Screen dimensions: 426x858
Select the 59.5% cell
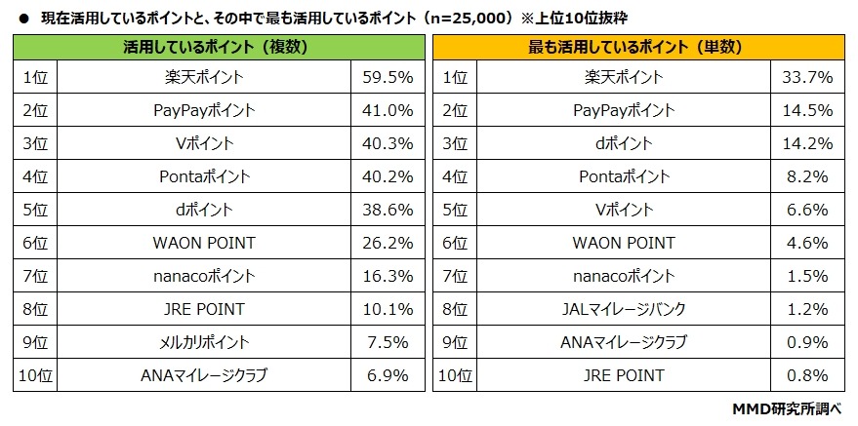coord(388,77)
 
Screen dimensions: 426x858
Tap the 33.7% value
coord(807,77)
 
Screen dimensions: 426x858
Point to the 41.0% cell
coord(388,110)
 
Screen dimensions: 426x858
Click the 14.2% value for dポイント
coord(807,143)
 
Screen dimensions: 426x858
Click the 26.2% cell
coord(388,243)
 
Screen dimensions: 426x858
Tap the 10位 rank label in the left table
coord(34,375)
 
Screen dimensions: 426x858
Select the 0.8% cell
coord(807,375)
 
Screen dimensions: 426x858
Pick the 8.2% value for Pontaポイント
coord(807,176)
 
